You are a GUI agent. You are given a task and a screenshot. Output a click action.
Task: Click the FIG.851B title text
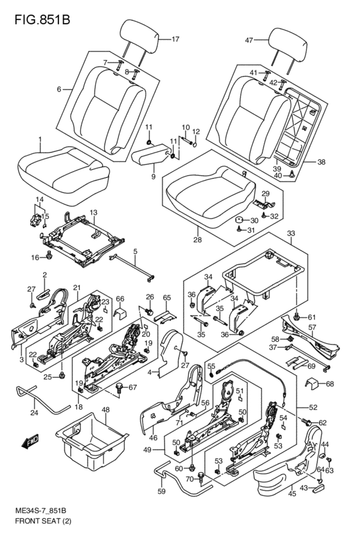coord(42,19)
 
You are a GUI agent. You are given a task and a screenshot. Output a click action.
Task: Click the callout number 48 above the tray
coord(105,409)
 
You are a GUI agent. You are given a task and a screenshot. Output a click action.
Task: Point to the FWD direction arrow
coord(30,441)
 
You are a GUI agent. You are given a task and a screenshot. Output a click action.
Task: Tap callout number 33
coord(291,233)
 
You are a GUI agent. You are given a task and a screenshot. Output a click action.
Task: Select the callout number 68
coord(330,384)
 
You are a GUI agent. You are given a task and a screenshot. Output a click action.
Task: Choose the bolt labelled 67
coord(120,388)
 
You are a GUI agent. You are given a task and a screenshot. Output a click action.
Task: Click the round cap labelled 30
coord(239,220)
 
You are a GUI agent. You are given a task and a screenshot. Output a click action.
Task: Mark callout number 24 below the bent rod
coord(34,413)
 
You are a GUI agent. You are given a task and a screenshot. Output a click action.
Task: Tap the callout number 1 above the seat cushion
coord(40,139)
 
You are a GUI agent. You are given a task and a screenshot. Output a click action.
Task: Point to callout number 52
coord(313,407)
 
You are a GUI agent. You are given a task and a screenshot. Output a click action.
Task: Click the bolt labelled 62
coord(305,422)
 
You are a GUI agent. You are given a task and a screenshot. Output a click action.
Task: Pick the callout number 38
coord(321,161)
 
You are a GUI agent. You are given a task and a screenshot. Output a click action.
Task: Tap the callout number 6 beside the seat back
coord(59,89)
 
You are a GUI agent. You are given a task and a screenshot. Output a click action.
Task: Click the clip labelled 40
coord(292,174)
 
